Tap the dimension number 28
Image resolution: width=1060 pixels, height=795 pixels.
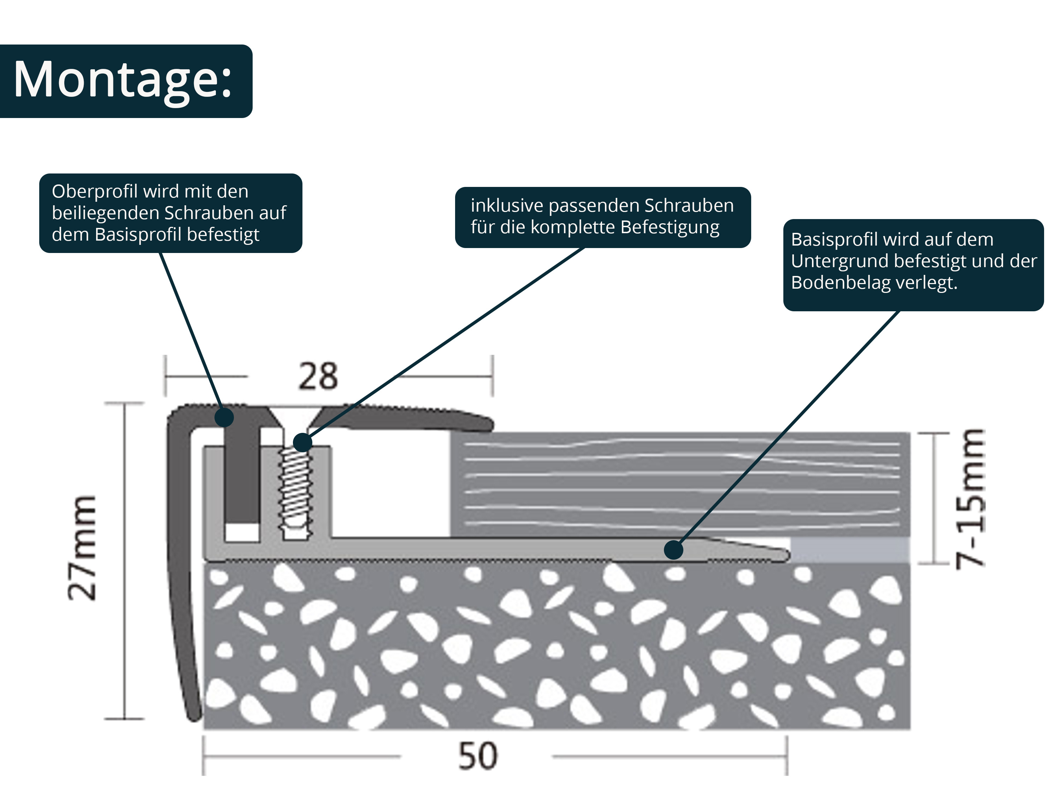click(318, 377)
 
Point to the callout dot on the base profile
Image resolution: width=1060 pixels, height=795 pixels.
click(673, 550)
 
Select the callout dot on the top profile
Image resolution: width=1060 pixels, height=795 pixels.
click(224, 417)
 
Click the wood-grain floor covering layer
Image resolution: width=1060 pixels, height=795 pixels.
click(681, 484)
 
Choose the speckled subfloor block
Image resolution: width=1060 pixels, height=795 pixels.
click(556, 647)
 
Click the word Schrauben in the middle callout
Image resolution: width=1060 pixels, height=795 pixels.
click(689, 206)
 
